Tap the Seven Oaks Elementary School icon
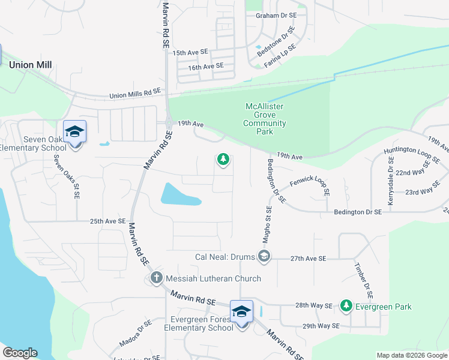(x=74, y=132)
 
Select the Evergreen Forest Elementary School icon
(x=241, y=311)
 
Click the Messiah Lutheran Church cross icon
(x=156, y=278)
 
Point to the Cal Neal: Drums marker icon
(x=263, y=257)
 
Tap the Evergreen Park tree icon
(x=346, y=306)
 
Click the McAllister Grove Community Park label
(x=265, y=119)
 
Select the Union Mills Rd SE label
(x=136, y=94)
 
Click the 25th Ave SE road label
(x=107, y=221)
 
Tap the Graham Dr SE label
(x=276, y=15)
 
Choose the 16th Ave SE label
(x=205, y=67)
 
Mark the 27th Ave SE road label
(x=307, y=258)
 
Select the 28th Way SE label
(x=313, y=305)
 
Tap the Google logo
(x=20, y=353)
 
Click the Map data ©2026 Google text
(x=411, y=355)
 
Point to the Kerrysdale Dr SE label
(x=391, y=181)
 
